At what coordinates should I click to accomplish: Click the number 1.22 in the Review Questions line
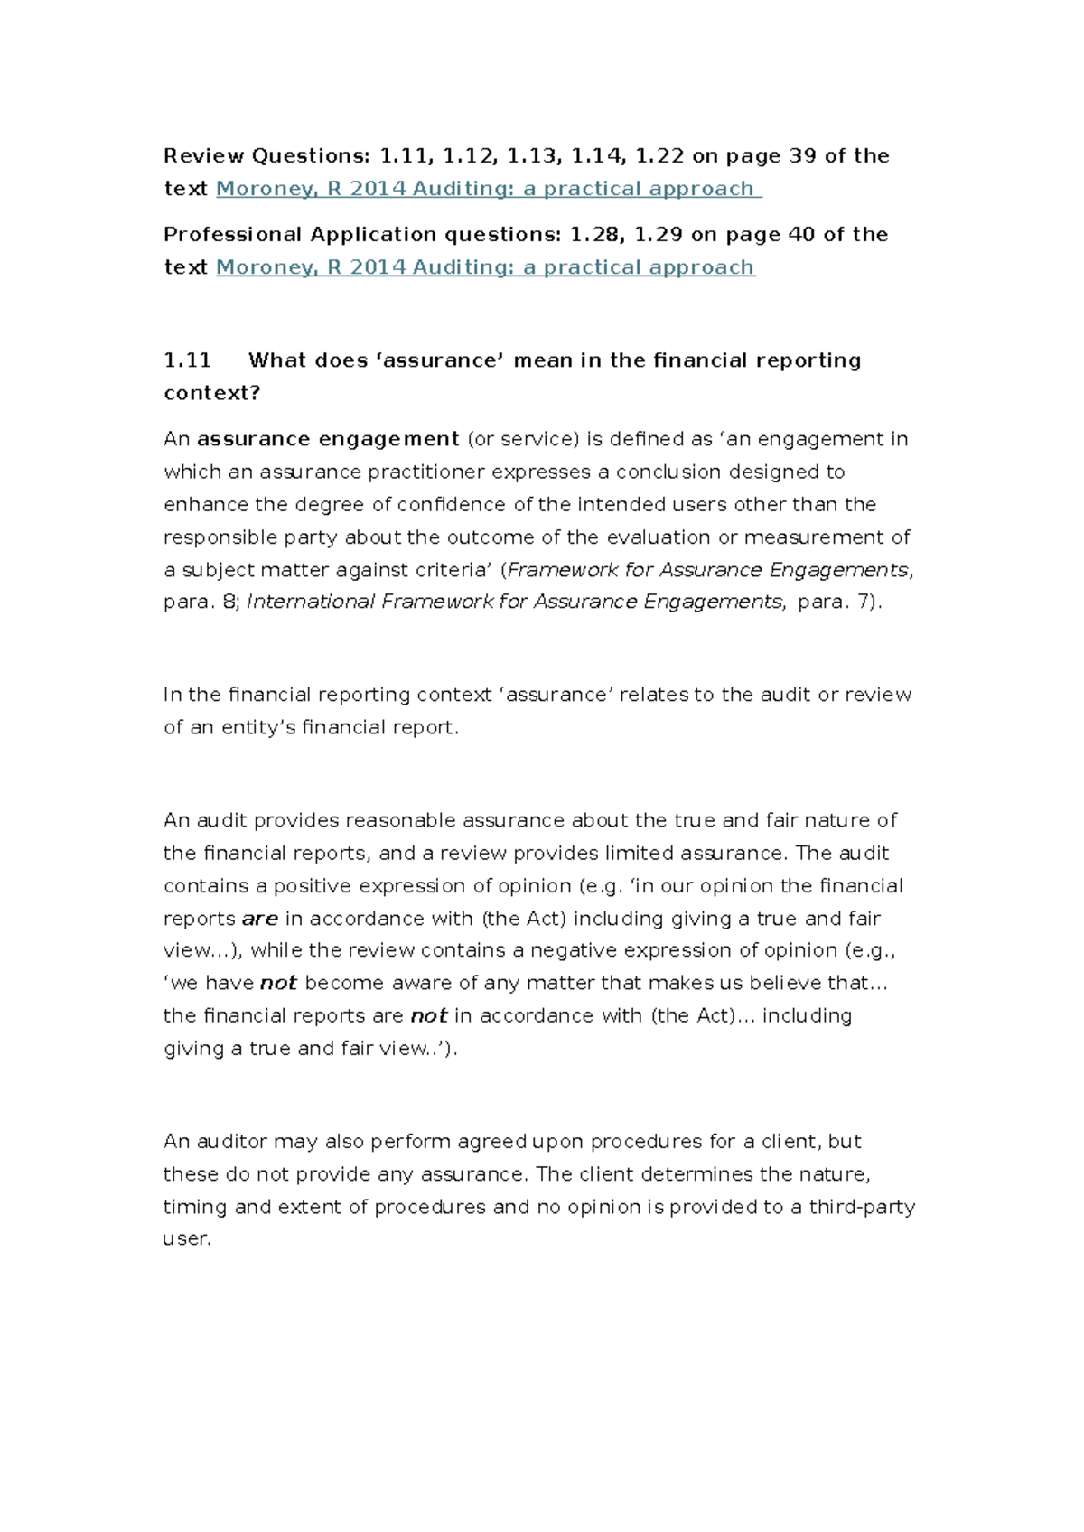[x=659, y=156]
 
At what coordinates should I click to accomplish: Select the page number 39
[x=803, y=156]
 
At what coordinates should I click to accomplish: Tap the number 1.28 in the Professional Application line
[x=594, y=235]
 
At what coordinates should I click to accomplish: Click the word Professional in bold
[x=233, y=235]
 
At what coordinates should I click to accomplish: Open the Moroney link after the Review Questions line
[x=488, y=189]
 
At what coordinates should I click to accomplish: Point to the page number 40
[x=802, y=235]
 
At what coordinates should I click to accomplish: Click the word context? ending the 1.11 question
[x=211, y=393]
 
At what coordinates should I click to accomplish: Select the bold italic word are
[x=260, y=919]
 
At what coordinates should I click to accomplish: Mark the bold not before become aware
[x=278, y=983]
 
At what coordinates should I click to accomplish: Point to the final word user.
[x=186, y=1239]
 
